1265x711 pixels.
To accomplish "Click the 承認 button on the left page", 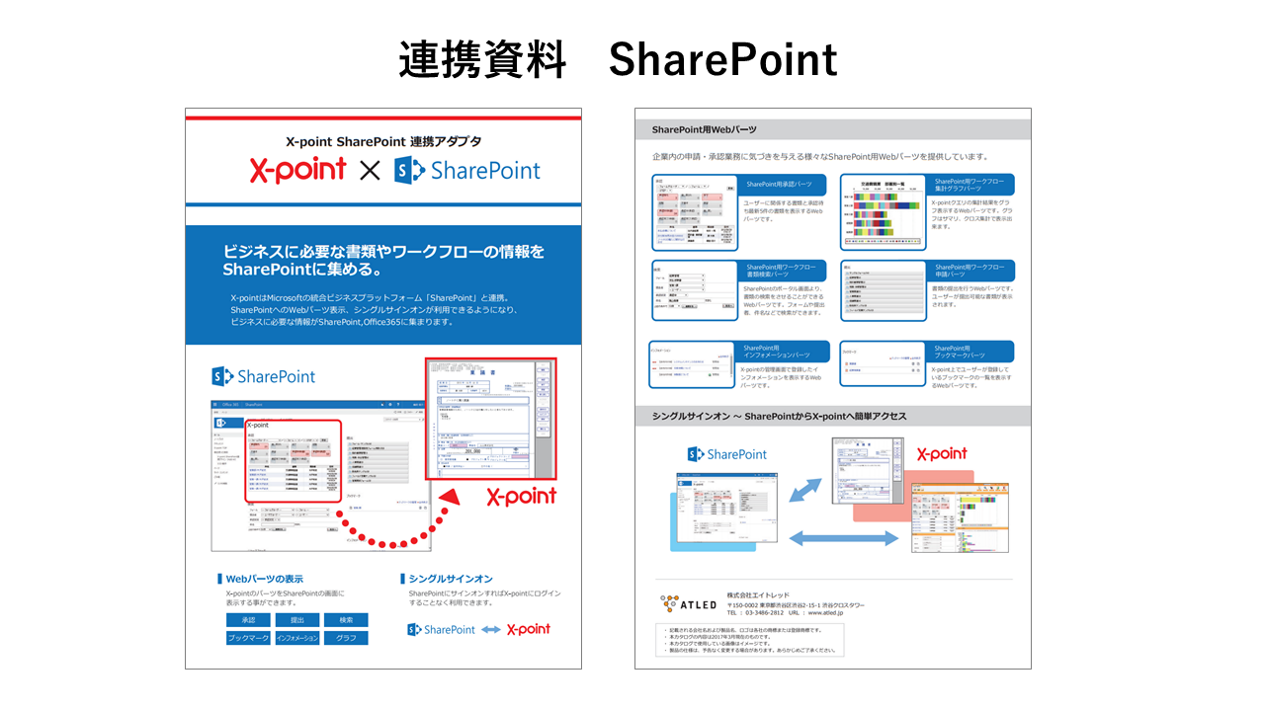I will click(248, 620).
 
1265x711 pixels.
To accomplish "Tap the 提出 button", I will click(296, 620).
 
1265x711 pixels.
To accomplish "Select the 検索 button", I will click(346, 620).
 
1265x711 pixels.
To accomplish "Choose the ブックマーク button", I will click(248, 638).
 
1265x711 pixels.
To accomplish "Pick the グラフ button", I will click(346, 638).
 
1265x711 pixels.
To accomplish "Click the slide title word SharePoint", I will click(722, 60).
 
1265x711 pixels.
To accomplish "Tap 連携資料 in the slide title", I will click(482, 60).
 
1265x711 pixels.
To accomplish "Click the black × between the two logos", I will click(369, 171).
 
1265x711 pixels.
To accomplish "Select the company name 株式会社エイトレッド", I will click(758, 595).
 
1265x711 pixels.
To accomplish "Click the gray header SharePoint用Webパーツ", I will click(705, 129).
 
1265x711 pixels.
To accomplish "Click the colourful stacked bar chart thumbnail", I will click(883, 213).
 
